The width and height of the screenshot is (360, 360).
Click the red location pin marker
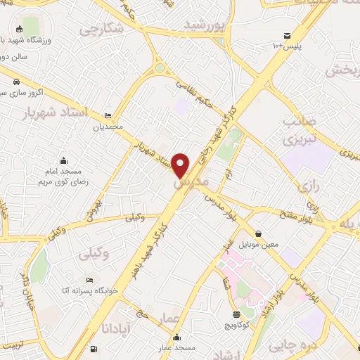pos(181,165)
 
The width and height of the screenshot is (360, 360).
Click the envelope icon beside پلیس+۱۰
pos(287,35)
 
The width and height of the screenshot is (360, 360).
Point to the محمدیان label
pos(109,128)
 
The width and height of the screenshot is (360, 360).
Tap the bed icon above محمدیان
pos(107,116)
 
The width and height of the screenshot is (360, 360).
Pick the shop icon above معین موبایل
pos(259,233)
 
